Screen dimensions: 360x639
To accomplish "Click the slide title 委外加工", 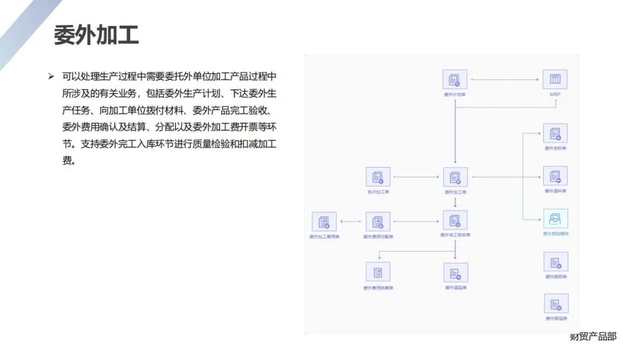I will (96, 35).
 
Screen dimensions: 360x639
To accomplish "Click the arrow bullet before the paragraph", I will (51, 77).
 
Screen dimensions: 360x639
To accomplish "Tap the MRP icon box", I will (555, 79).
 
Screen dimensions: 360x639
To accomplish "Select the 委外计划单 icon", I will (454, 79).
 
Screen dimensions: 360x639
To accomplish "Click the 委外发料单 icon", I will (555, 133).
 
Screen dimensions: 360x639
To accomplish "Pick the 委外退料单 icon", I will (555, 176).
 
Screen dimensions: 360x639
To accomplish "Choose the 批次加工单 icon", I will (377, 177).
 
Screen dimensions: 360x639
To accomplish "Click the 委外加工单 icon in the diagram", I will (455, 177).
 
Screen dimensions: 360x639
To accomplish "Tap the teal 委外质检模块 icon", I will (555, 219).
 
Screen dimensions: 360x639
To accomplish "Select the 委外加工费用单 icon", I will (324, 222).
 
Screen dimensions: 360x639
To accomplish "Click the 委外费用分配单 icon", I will (377, 222).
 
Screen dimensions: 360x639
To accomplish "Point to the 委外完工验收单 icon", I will (455, 220).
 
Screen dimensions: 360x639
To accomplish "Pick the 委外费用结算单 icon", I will (377, 272).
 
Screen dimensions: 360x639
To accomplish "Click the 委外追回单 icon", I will (456, 272).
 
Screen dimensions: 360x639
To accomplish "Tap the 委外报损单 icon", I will (556, 262).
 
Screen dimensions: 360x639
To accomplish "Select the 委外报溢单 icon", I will (556, 304).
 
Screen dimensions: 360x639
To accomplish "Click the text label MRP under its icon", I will (555, 94).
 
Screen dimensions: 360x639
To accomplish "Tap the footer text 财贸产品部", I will (592, 336).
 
